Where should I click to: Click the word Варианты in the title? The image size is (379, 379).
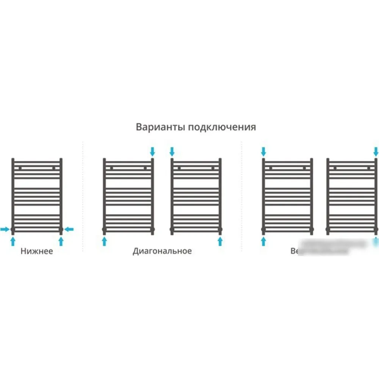[x=155, y=127]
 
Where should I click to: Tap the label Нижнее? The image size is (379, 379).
[x=37, y=251]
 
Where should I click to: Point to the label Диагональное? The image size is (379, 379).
[x=162, y=251]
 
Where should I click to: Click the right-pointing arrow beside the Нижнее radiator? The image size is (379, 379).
[x=5, y=229]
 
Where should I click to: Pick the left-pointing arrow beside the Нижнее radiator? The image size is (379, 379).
[x=69, y=229]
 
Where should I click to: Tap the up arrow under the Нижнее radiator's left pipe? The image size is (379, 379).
[x=13, y=241]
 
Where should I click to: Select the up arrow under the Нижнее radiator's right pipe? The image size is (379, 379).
[x=61, y=241]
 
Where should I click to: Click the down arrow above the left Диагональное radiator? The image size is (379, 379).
[x=152, y=152]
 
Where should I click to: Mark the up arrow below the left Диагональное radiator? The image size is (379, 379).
[x=104, y=241]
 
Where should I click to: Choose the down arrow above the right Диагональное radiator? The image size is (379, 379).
[x=172, y=152]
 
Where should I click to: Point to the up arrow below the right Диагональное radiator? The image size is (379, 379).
[x=220, y=241]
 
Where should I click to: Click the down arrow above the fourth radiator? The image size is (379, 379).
[x=263, y=152]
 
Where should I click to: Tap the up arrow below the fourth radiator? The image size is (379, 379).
[x=263, y=241]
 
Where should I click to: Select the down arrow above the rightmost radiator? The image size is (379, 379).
[x=376, y=152]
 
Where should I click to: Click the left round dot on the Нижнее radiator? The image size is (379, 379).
[x=20, y=168]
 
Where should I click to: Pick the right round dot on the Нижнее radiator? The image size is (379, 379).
[x=54, y=168]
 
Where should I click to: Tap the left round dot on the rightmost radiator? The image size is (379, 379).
[x=335, y=168]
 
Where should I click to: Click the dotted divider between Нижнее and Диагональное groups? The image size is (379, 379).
[x=83, y=197]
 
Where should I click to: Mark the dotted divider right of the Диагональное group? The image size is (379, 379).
[x=242, y=197]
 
